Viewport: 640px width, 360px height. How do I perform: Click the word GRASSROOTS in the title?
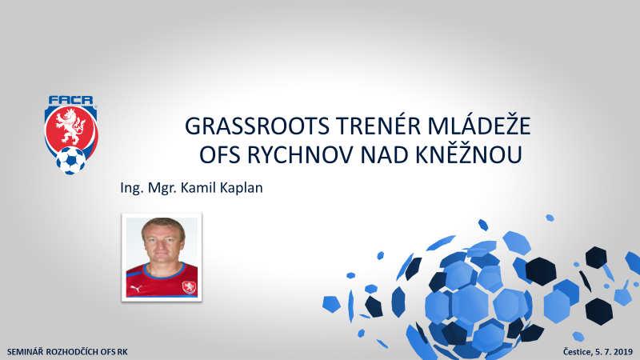tap(257, 126)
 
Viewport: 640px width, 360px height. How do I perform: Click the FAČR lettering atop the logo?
tap(70, 101)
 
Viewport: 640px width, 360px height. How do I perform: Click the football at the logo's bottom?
tap(71, 161)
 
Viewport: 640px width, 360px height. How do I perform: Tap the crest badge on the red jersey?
tap(189, 288)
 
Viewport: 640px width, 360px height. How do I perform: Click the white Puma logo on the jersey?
tap(135, 289)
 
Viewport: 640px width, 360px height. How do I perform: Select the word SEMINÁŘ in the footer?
tap(25, 351)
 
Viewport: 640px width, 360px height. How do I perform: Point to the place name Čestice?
tap(577, 352)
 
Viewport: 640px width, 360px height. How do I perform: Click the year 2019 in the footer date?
tap(623, 351)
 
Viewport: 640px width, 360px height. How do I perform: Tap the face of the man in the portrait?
tap(163, 243)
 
